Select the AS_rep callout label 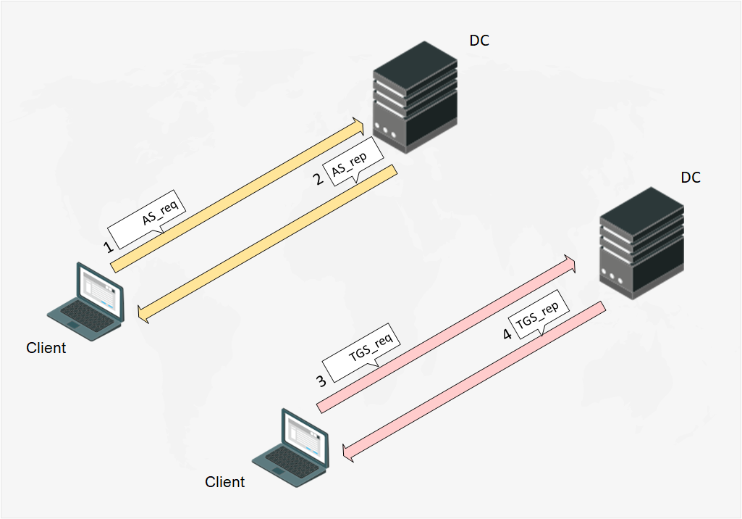(x=349, y=169)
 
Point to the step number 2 (x=318, y=179)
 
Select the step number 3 (x=321, y=379)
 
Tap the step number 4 (x=507, y=333)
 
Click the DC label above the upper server (x=479, y=41)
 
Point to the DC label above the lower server (x=691, y=178)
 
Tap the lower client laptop (x=293, y=444)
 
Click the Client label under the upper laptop (x=46, y=348)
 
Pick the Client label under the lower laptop (x=225, y=482)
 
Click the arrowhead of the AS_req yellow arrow (x=358, y=126)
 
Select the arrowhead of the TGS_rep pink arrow (x=348, y=452)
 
